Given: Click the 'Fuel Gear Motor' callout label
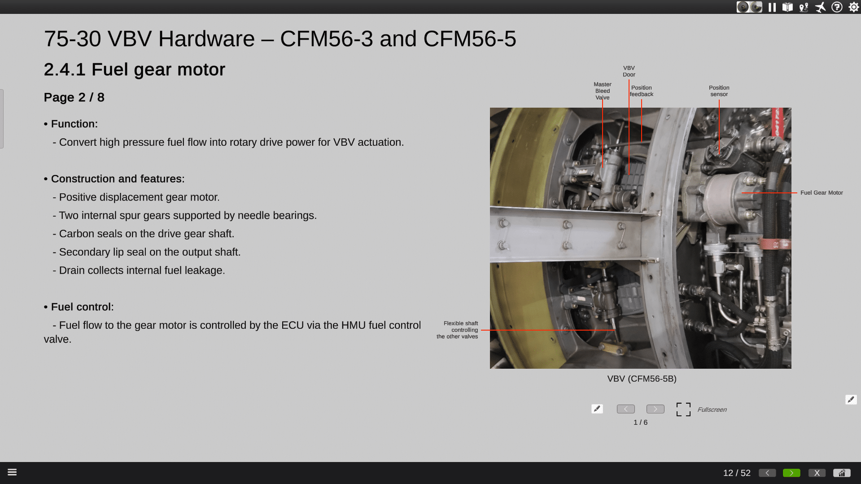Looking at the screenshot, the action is (822, 193).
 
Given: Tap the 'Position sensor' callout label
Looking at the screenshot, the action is (719, 91).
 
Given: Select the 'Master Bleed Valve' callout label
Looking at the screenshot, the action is (602, 91).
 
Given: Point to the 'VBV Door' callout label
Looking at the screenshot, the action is (629, 71).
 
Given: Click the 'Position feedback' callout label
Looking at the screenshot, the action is (641, 91).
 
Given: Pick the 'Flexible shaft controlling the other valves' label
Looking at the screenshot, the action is (457, 330).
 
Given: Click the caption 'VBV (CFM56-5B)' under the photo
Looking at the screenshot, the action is (642, 379).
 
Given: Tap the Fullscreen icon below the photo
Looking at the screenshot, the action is (683, 409).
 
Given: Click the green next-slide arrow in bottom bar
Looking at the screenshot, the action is (791, 473).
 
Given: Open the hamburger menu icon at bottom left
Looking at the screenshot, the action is (12, 472).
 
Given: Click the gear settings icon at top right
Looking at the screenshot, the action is (853, 7).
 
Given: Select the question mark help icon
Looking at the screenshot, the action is (837, 7).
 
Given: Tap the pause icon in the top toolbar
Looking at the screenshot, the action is (772, 7).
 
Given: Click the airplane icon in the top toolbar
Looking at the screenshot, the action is (820, 7).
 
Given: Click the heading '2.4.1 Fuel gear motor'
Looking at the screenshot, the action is (135, 70).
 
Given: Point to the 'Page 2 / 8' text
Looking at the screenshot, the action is (74, 97).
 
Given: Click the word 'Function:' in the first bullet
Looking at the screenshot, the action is (74, 124).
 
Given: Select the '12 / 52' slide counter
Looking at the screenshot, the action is (737, 473).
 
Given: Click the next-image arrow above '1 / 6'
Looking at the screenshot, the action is (655, 409).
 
